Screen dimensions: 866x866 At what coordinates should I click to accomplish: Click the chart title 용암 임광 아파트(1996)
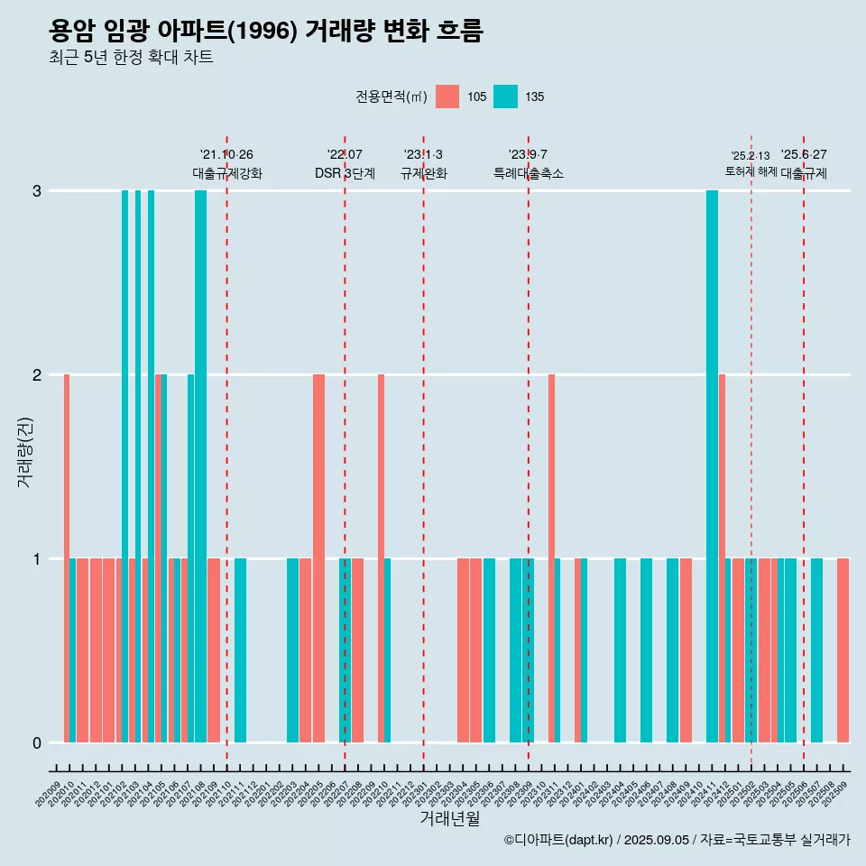coord(266,32)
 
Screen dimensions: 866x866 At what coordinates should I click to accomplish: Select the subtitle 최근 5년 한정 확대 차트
coord(131,58)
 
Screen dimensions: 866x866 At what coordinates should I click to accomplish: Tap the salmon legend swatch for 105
coord(447,97)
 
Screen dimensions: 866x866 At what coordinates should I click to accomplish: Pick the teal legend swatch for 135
coord(505,97)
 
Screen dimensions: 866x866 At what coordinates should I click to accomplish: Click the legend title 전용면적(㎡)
coord(391,97)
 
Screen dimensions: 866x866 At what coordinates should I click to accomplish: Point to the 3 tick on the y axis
coord(36,191)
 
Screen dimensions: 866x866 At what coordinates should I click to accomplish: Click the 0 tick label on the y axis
coord(36,742)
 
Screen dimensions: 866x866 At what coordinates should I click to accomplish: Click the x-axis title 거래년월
coord(449,818)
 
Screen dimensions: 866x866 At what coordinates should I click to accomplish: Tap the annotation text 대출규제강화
coord(226,173)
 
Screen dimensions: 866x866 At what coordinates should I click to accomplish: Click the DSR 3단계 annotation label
coord(345,173)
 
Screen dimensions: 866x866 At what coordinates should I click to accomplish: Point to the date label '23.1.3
coord(423,155)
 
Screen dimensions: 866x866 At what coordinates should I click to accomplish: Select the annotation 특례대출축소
coord(528,173)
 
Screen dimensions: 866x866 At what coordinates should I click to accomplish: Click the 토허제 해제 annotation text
coord(751,171)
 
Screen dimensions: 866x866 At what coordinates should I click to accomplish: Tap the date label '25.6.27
coord(804,155)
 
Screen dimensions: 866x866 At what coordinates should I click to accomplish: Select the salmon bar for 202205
coord(318,558)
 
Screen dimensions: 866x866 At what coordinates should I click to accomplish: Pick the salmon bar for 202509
coord(843,650)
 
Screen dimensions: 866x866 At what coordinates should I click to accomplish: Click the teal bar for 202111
coord(240,650)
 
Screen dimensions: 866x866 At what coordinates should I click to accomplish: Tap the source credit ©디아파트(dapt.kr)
coord(559,840)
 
